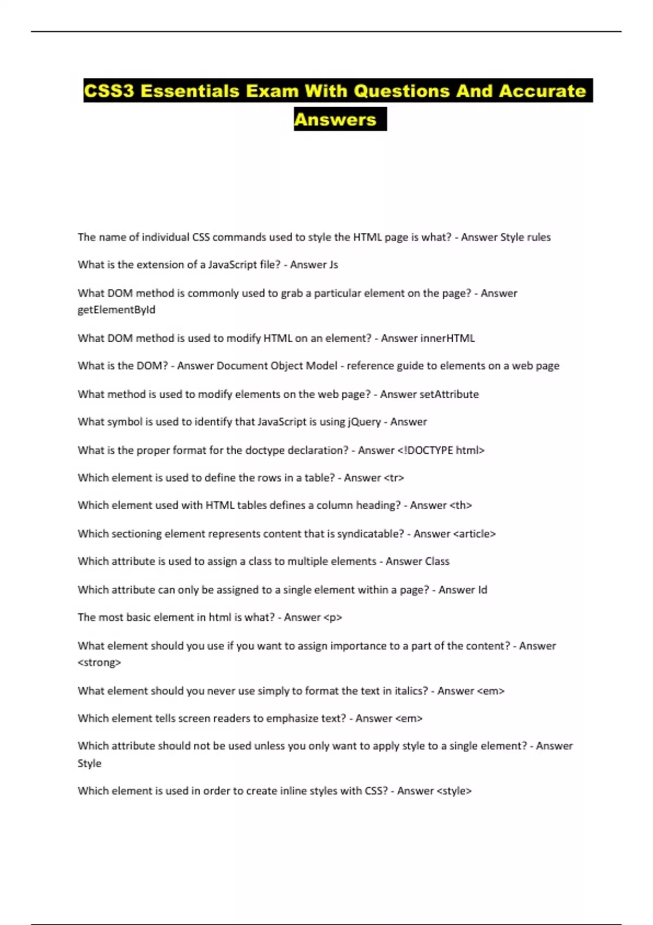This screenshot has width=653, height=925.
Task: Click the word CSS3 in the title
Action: click(109, 91)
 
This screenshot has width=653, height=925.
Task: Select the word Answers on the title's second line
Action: click(335, 120)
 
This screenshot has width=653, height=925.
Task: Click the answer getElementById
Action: click(116, 310)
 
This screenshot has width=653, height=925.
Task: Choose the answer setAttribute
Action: click(449, 394)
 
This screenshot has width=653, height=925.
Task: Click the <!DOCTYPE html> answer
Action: click(441, 450)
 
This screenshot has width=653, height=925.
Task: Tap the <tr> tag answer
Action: click(394, 478)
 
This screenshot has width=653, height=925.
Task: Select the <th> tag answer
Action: click(460, 505)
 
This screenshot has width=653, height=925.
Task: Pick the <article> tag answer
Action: click(474, 534)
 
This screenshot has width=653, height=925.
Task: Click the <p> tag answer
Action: click(332, 617)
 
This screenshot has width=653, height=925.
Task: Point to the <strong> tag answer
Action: click(99, 662)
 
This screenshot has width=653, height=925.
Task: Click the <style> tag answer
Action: click(454, 791)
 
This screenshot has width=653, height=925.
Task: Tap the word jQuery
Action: click(364, 422)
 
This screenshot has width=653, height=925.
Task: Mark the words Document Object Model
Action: click(277, 366)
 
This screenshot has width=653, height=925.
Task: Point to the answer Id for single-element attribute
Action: click(482, 589)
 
